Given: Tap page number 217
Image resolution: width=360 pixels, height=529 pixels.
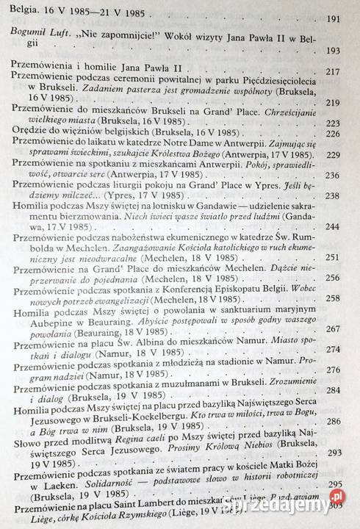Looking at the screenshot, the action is click(333, 73).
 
